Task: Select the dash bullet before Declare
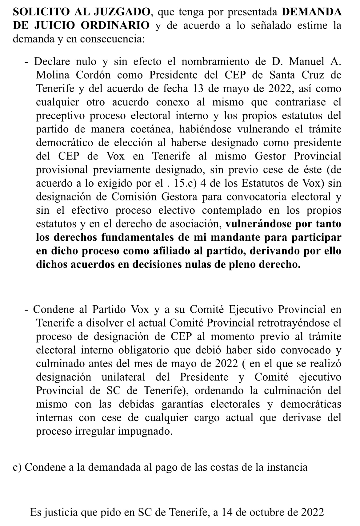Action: coord(27,61)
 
